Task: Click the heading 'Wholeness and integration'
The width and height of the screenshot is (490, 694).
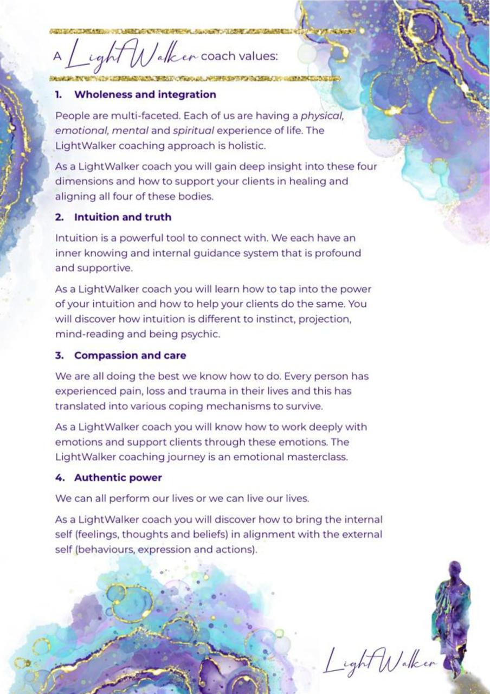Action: (x=145, y=95)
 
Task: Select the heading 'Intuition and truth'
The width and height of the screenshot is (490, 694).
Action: (x=122, y=217)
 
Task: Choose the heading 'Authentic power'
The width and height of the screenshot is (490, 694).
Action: (x=118, y=478)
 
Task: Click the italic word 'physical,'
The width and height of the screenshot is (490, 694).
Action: (x=323, y=115)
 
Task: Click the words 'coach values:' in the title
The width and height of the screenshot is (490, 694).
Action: (x=240, y=56)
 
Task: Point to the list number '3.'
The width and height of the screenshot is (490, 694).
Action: (x=60, y=356)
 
